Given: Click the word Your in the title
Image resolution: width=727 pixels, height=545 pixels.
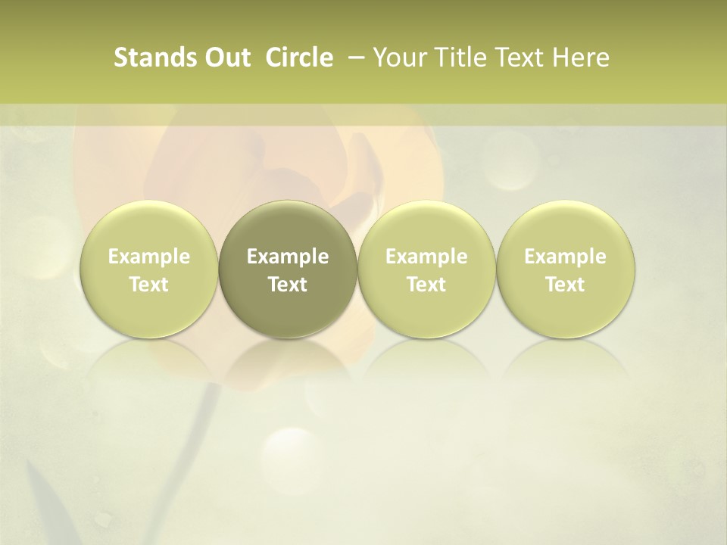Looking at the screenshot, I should point(398,58).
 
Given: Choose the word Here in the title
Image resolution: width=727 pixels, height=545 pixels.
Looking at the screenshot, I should point(581,58).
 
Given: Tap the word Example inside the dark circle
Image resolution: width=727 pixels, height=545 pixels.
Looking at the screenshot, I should point(288,257).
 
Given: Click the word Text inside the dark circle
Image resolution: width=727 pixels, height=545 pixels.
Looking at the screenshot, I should point(288,285).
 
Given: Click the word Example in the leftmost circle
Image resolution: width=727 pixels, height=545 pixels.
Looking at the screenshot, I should point(149,257).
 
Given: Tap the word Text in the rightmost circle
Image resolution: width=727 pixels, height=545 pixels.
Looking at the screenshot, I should point(566,285).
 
